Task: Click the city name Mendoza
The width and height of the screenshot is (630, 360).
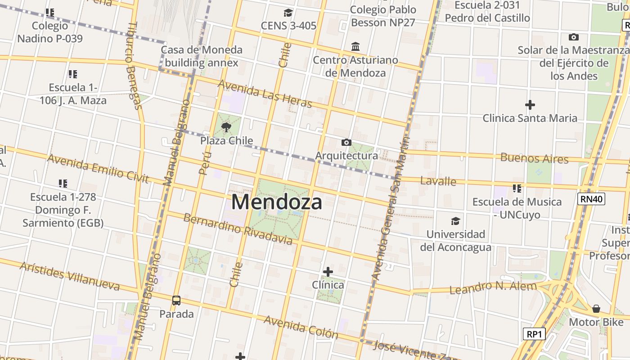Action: (x=277, y=202)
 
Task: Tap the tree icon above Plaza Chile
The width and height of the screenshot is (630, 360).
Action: (x=226, y=127)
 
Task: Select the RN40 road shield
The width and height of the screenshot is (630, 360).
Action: (x=591, y=199)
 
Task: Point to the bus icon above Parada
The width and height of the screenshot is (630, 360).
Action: (x=176, y=300)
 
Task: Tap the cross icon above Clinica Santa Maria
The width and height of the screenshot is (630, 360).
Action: (x=530, y=105)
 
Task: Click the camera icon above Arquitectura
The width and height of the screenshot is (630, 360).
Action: (x=346, y=143)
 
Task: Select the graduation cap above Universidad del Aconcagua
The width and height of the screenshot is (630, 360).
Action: (x=455, y=221)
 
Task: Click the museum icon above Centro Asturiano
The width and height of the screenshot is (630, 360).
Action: (x=355, y=47)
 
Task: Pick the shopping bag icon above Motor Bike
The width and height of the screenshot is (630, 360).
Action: (x=596, y=309)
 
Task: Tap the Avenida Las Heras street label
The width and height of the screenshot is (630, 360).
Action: (x=265, y=94)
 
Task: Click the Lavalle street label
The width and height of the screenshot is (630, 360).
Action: (x=438, y=181)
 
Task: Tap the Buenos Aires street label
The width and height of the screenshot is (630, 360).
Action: (x=534, y=158)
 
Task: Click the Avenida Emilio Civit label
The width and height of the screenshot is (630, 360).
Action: (x=98, y=168)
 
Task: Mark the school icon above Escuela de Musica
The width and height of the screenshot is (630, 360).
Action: (x=517, y=188)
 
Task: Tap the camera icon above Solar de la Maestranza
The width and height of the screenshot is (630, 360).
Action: (x=573, y=37)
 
